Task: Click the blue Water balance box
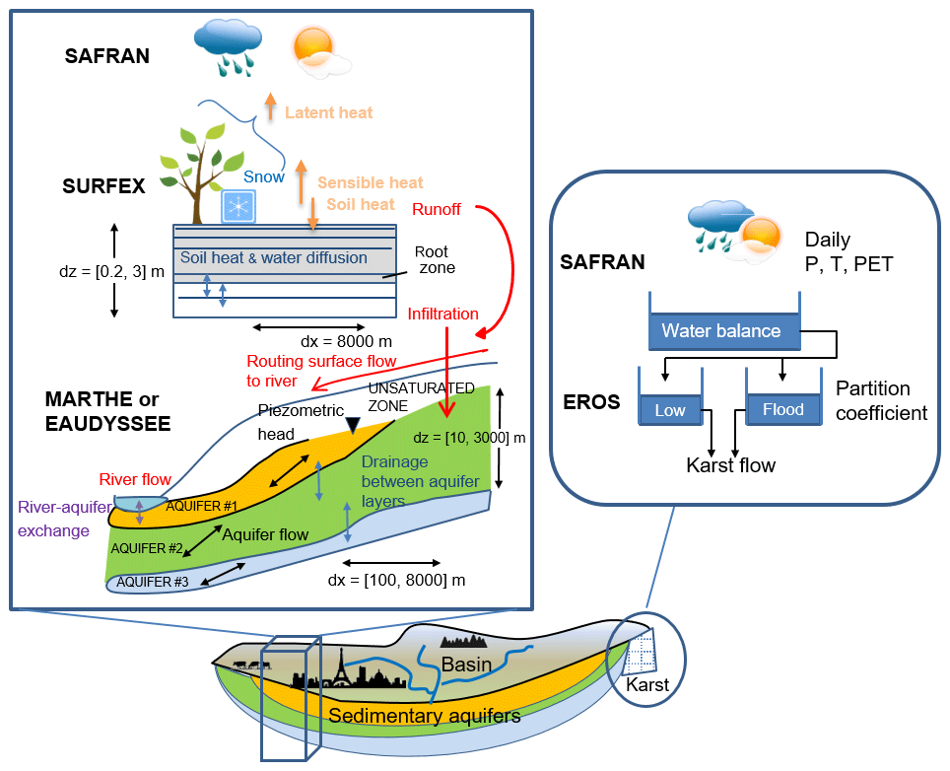721,331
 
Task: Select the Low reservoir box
670,409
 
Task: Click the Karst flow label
730,465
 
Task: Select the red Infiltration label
443,314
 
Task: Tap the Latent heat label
328,112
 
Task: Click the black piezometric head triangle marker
352,424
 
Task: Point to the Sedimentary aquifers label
425,716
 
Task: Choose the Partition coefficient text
881,400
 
